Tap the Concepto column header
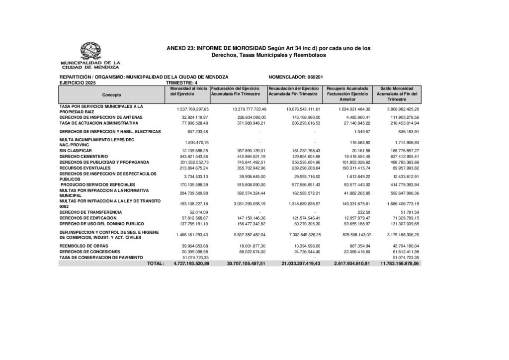point(112,94)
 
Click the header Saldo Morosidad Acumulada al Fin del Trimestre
point(397,93)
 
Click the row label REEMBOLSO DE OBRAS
point(81,246)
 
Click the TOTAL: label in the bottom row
point(156,264)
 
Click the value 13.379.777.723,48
point(243,109)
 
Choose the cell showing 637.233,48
point(197,132)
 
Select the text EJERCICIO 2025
point(78,83)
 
